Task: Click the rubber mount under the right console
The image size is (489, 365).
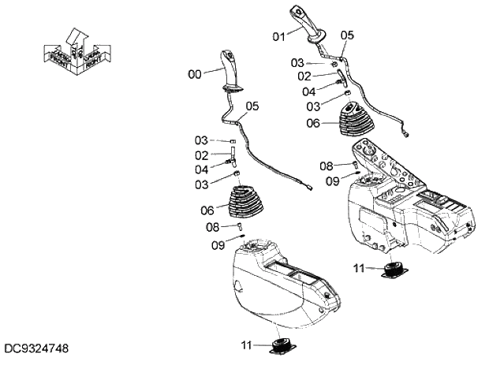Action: pos(394,271)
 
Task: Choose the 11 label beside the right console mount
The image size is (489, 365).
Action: pos(359,269)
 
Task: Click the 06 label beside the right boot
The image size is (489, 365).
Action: pos(313,123)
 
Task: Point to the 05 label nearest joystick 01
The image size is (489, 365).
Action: pos(347,35)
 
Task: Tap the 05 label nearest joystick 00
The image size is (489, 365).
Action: pos(252,105)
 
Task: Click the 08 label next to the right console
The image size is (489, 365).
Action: pos(326,166)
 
